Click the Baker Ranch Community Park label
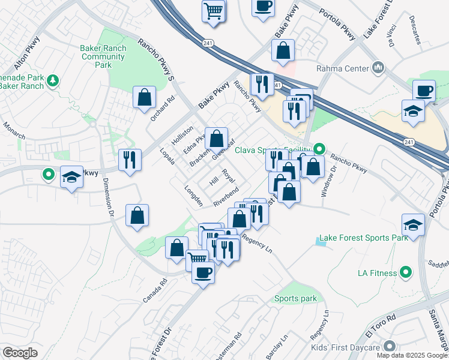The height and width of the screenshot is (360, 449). (103, 57)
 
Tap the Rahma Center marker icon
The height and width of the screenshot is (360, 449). (379, 68)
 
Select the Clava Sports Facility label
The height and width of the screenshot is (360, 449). (273, 149)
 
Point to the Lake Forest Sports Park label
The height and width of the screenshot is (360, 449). (364, 238)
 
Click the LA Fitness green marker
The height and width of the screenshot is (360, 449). (406, 273)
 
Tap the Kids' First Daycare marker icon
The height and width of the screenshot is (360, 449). (390, 347)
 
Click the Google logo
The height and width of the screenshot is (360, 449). (20, 353)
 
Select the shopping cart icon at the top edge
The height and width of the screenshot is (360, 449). (213, 11)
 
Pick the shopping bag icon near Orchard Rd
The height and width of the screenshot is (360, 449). (145, 98)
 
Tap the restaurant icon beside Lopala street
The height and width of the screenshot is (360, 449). (130, 160)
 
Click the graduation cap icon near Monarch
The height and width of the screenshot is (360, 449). (72, 177)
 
